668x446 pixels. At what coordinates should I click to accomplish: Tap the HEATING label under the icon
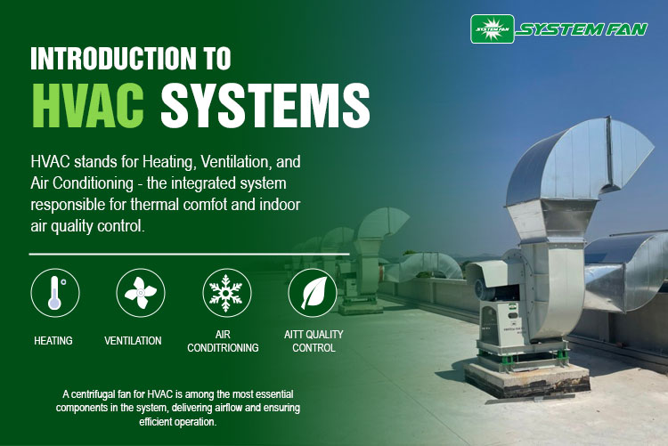[x=53, y=341]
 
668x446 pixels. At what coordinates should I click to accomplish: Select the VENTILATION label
[x=133, y=341]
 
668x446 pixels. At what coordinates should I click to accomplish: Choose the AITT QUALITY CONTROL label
[x=314, y=341]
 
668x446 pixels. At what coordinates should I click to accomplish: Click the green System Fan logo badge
[x=491, y=28]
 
